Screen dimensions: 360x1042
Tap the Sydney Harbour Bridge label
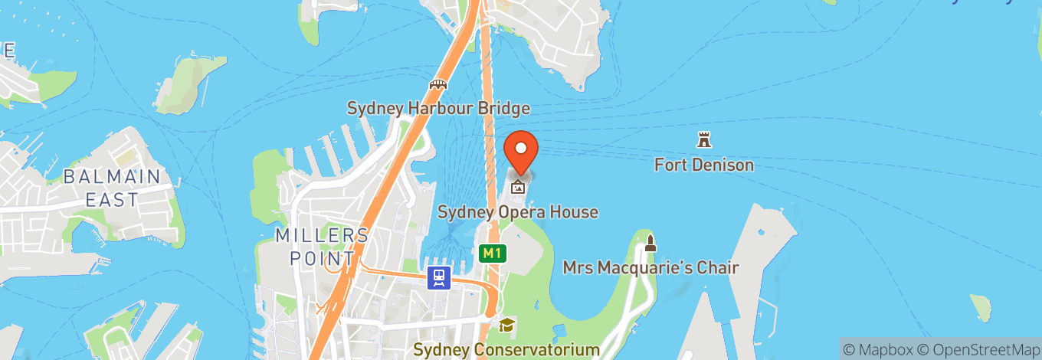point(438,108)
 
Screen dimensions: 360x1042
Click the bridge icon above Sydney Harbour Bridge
point(438,84)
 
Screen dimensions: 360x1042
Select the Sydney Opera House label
point(517,212)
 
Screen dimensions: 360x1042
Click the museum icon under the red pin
point(519,185)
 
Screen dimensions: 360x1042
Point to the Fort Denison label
point(703,165)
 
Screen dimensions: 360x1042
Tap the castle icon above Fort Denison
point(703,140)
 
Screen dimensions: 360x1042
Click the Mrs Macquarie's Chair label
point(650,267)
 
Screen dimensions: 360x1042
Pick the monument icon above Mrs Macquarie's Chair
point(650,244)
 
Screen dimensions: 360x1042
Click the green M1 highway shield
point(492,253)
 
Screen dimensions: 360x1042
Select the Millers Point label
point(322,246)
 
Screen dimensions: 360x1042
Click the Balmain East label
point(112,188)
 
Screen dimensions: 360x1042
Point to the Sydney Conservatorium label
point(506,350)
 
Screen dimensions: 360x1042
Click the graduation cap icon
point(506,326)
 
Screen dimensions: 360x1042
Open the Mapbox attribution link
point(877,349)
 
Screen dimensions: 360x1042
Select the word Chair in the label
point(716,267)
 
